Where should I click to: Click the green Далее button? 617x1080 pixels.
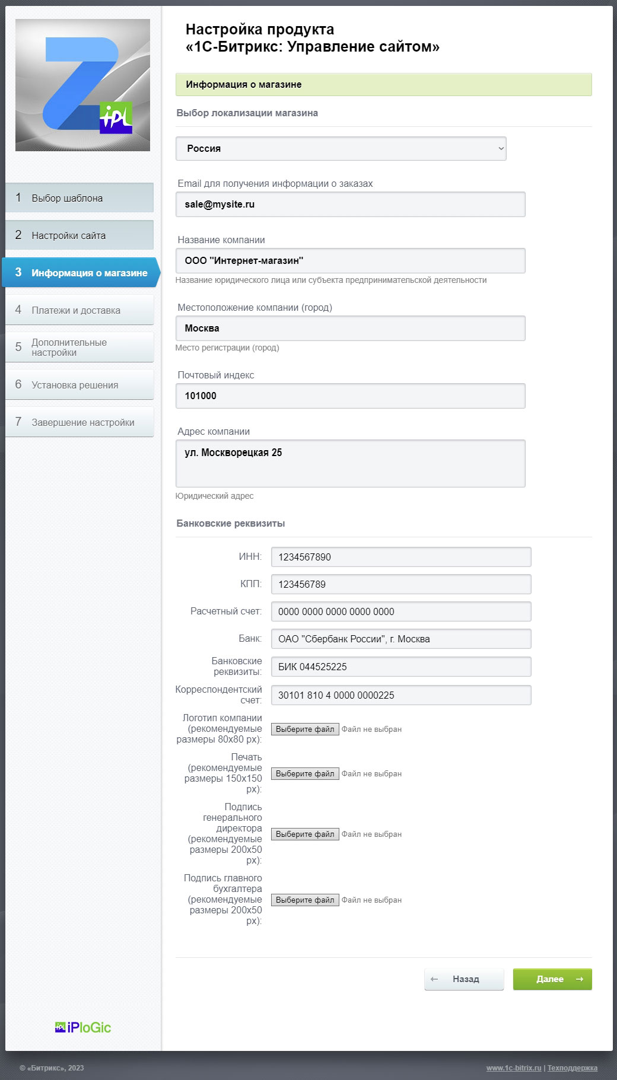[x=552, y=979]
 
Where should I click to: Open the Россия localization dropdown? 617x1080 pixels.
[x=341, y=149]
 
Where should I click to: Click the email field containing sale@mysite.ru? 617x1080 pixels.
[x=350, y=205]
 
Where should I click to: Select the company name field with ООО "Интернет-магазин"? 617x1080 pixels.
[x=350, y=261]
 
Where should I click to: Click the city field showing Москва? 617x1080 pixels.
[x=350, y=329]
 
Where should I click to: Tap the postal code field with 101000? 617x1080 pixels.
[x=350, y=396]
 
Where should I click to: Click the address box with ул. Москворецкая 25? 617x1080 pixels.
[x=350, y=463]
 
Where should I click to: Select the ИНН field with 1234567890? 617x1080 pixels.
[x=400, y=557]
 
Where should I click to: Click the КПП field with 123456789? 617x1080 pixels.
[x=400, y=585]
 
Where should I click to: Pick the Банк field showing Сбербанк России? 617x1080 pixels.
[x=400, y=639]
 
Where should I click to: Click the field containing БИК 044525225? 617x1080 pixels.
[x=400, y=667]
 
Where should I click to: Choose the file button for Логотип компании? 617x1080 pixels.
[x=305, y=729]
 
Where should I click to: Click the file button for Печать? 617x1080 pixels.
[x=305, y=774]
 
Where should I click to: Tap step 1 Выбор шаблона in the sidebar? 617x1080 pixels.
[x=79, y=198]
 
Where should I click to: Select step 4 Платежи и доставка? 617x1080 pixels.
[x=79, y=310]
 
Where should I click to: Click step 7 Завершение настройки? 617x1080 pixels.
[x=79, y=422]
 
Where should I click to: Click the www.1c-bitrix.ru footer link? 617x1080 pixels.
[x=514, y=1068]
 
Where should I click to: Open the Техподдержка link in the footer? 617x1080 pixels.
[x=572, y=1068]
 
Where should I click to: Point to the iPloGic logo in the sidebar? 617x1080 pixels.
[x=83, y=1028]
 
